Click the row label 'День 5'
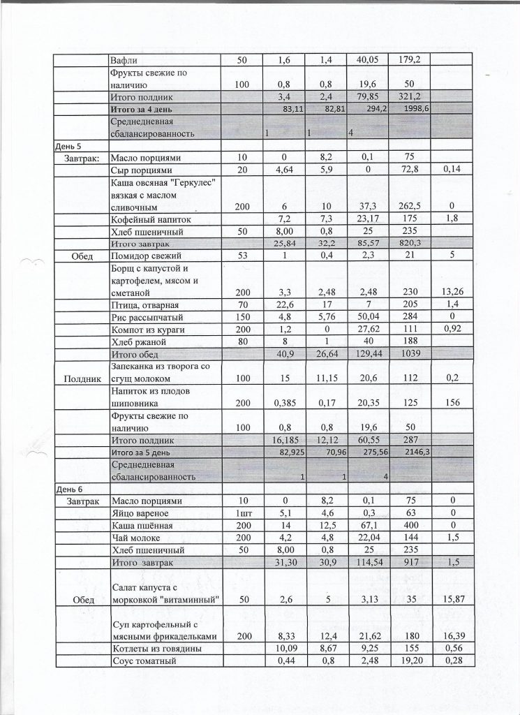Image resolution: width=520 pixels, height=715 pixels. coord(68,147)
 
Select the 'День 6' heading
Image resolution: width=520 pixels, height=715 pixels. coord(68,489)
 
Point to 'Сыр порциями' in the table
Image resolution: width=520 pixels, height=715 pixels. coord(141,170)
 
